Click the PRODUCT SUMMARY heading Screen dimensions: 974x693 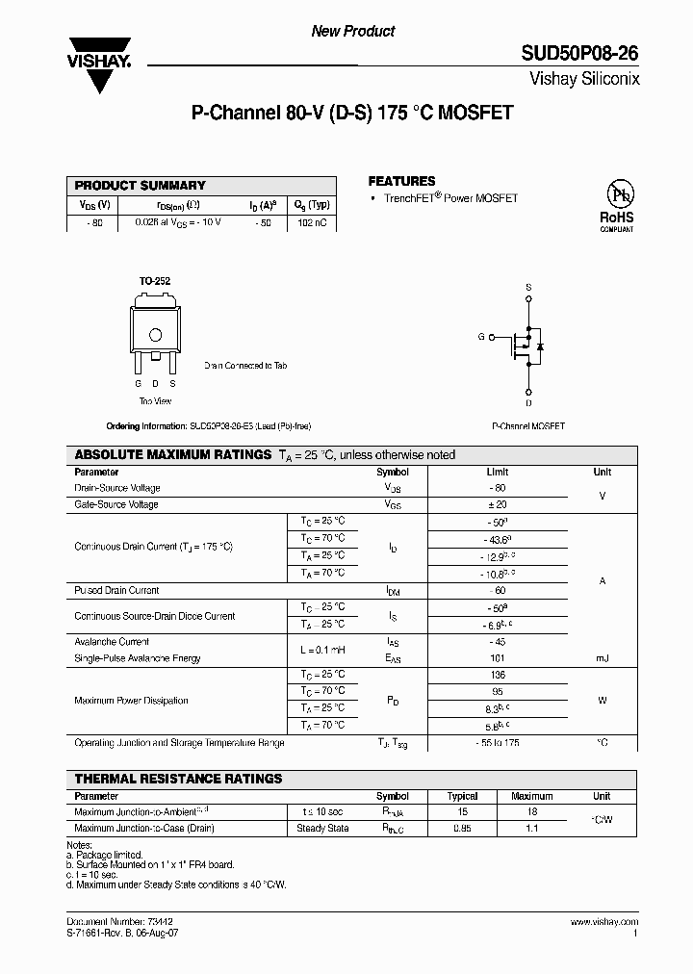coord(141,185)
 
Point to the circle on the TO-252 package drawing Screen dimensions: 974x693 coord(154,334)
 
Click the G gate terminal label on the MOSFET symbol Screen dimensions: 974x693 coord(481,337)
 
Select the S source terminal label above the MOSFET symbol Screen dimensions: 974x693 coord(528,288)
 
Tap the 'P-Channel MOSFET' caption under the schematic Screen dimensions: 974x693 coord(528,425)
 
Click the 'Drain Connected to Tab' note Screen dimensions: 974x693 coord(245,366)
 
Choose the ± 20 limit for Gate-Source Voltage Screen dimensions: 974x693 coord(497,504)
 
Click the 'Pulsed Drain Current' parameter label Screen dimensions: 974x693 coord(116,590)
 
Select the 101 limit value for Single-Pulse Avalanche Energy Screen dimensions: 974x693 coord(497,658)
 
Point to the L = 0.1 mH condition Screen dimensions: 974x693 coord(322,650)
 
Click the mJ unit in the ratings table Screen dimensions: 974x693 coord(602,658)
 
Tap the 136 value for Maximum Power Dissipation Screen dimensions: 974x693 coord(497,675)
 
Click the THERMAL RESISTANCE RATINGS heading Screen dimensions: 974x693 coord(178,779)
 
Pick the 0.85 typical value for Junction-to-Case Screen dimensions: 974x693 coord(463,828)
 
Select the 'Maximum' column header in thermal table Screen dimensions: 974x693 coord(531,796)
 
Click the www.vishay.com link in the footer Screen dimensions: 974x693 coord(607,922)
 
